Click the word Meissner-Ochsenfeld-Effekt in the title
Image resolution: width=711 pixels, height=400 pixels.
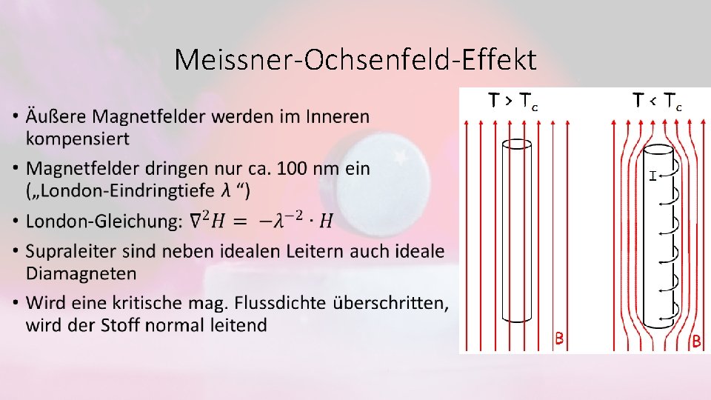pos(355,59)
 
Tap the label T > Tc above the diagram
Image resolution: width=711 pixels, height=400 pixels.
pos(513,100)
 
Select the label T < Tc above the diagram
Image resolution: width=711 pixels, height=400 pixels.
pos(657,100)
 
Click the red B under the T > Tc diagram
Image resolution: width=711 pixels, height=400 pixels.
pos(560,339)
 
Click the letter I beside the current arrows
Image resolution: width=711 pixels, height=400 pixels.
pos(652,176)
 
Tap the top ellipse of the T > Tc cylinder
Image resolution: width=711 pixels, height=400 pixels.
pos(516,144)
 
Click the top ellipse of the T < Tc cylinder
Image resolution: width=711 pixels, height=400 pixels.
pos(659,153)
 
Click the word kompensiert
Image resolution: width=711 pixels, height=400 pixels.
pos(78,139)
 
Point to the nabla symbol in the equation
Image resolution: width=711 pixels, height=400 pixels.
pos(196,220)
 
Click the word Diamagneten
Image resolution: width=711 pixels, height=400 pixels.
pos(81,273)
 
